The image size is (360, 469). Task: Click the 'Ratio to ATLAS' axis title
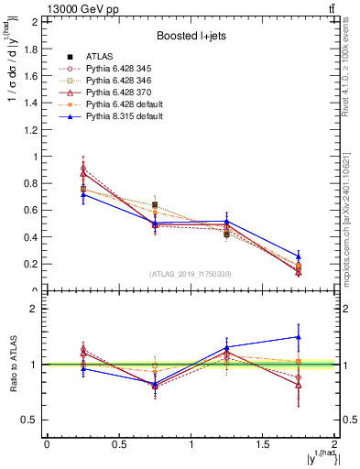[x=12, y=364]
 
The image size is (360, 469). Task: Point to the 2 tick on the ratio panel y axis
[x=38, y=309]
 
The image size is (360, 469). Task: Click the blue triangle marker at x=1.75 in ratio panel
[x=299, y=337]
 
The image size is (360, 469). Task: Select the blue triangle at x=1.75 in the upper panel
[x=299, y=256]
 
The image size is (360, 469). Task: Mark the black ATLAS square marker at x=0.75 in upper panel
[x=155, y=205]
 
